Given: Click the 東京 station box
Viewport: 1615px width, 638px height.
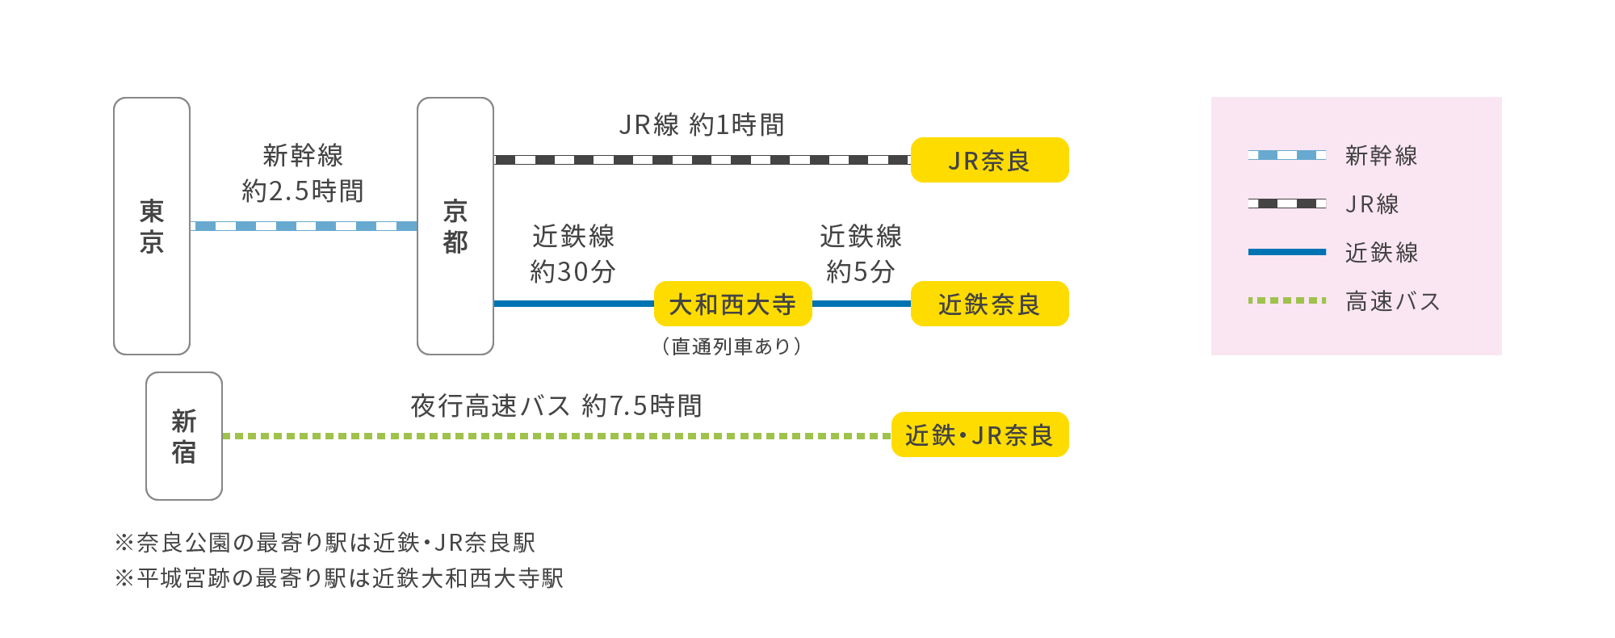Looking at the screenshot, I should [x=152, y=226].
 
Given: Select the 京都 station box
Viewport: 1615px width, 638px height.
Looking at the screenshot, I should [x=455, y=226].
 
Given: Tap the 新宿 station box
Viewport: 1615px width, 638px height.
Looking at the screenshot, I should [x=184, y=436].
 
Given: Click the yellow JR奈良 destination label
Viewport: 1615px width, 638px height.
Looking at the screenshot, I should [x=989, y=161].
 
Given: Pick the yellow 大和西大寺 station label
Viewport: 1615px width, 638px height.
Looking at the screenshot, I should [x=732, y=304].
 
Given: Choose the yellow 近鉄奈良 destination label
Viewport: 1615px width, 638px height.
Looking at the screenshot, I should [x=989, y=304].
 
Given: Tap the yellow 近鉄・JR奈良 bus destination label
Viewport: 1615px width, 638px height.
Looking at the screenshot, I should [x=979, y=435].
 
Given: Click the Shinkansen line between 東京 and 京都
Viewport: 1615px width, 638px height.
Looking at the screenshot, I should [x=304, y=226].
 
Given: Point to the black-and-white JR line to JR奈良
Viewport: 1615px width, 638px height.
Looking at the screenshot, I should [x=702, y=160].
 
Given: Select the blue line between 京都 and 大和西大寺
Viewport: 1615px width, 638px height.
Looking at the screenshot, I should [x=573, y=304].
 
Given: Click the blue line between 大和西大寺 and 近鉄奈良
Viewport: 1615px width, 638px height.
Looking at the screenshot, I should [x=861, y=304].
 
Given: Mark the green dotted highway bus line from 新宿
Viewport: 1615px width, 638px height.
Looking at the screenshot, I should [x=556, y=436].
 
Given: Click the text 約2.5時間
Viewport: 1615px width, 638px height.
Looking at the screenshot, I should [x=303, y=191].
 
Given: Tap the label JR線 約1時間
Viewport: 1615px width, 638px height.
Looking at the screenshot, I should [x=702, y=125].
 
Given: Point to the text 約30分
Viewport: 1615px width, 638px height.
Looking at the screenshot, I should [x=573, y=271].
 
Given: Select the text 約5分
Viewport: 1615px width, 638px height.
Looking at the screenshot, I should [x=861, y=271].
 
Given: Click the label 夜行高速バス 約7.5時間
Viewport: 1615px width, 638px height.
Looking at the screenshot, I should [x=556, y=405].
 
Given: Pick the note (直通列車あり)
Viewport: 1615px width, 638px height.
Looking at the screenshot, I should [x=732, y=346].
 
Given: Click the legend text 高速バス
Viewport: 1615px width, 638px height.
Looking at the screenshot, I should [x=1393, y=301].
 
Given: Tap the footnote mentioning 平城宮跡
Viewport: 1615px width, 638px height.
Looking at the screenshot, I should [x=339, y=578].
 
